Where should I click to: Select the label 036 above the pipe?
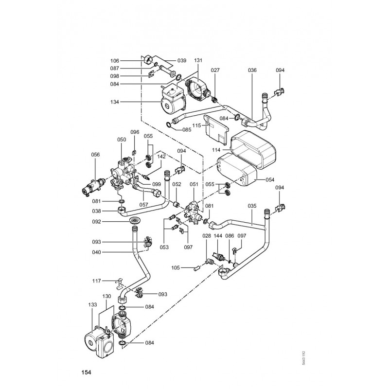point(252,71)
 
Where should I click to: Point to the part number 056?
point(96,155)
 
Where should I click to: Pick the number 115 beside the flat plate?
point(197,125)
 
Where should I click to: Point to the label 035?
point(252,206)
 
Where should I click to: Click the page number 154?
point(87,372)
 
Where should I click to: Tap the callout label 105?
point(176,267)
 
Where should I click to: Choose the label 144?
point(218,235)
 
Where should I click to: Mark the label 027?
point(215,71)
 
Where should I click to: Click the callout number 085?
point(186,130)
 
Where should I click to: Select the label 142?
point(161,157)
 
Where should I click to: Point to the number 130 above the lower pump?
point(107,296)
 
